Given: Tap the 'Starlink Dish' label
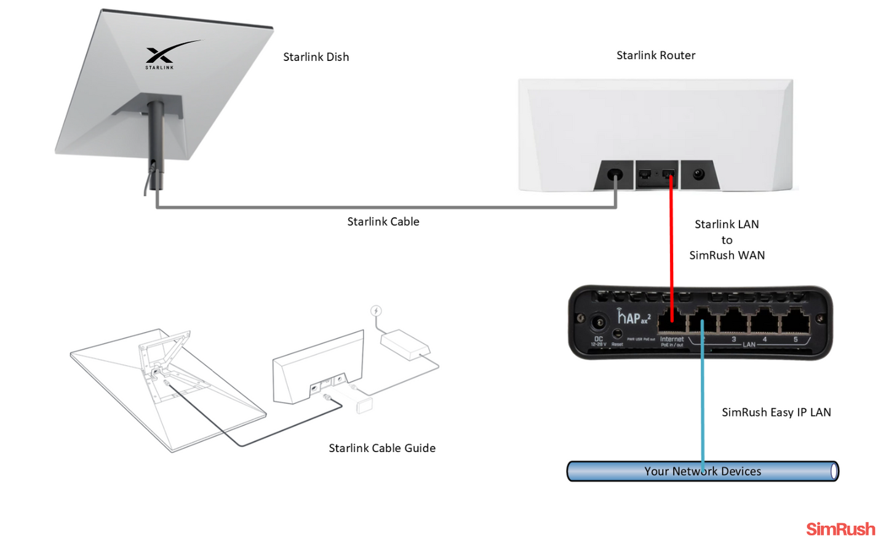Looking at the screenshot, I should coord(316,57).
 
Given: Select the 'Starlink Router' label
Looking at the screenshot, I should coord(656,55).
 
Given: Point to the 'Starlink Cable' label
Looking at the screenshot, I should coord(383,222).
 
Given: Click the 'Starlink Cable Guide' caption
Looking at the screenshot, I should coord(382,448).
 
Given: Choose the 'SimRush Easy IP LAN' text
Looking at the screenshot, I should coord(776,413).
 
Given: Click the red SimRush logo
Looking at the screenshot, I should coord(840,529).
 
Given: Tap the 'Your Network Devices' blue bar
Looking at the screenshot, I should coord(703,472).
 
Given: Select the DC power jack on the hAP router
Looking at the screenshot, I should coord(597,322).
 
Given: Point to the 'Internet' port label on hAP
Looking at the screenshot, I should coord(671,339).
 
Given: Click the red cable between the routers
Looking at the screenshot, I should coord(671,246).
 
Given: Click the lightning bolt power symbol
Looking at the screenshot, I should coord(376,311).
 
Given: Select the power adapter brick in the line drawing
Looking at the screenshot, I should coord(404,344).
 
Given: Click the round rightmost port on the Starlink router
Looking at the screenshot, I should coord(698,175).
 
